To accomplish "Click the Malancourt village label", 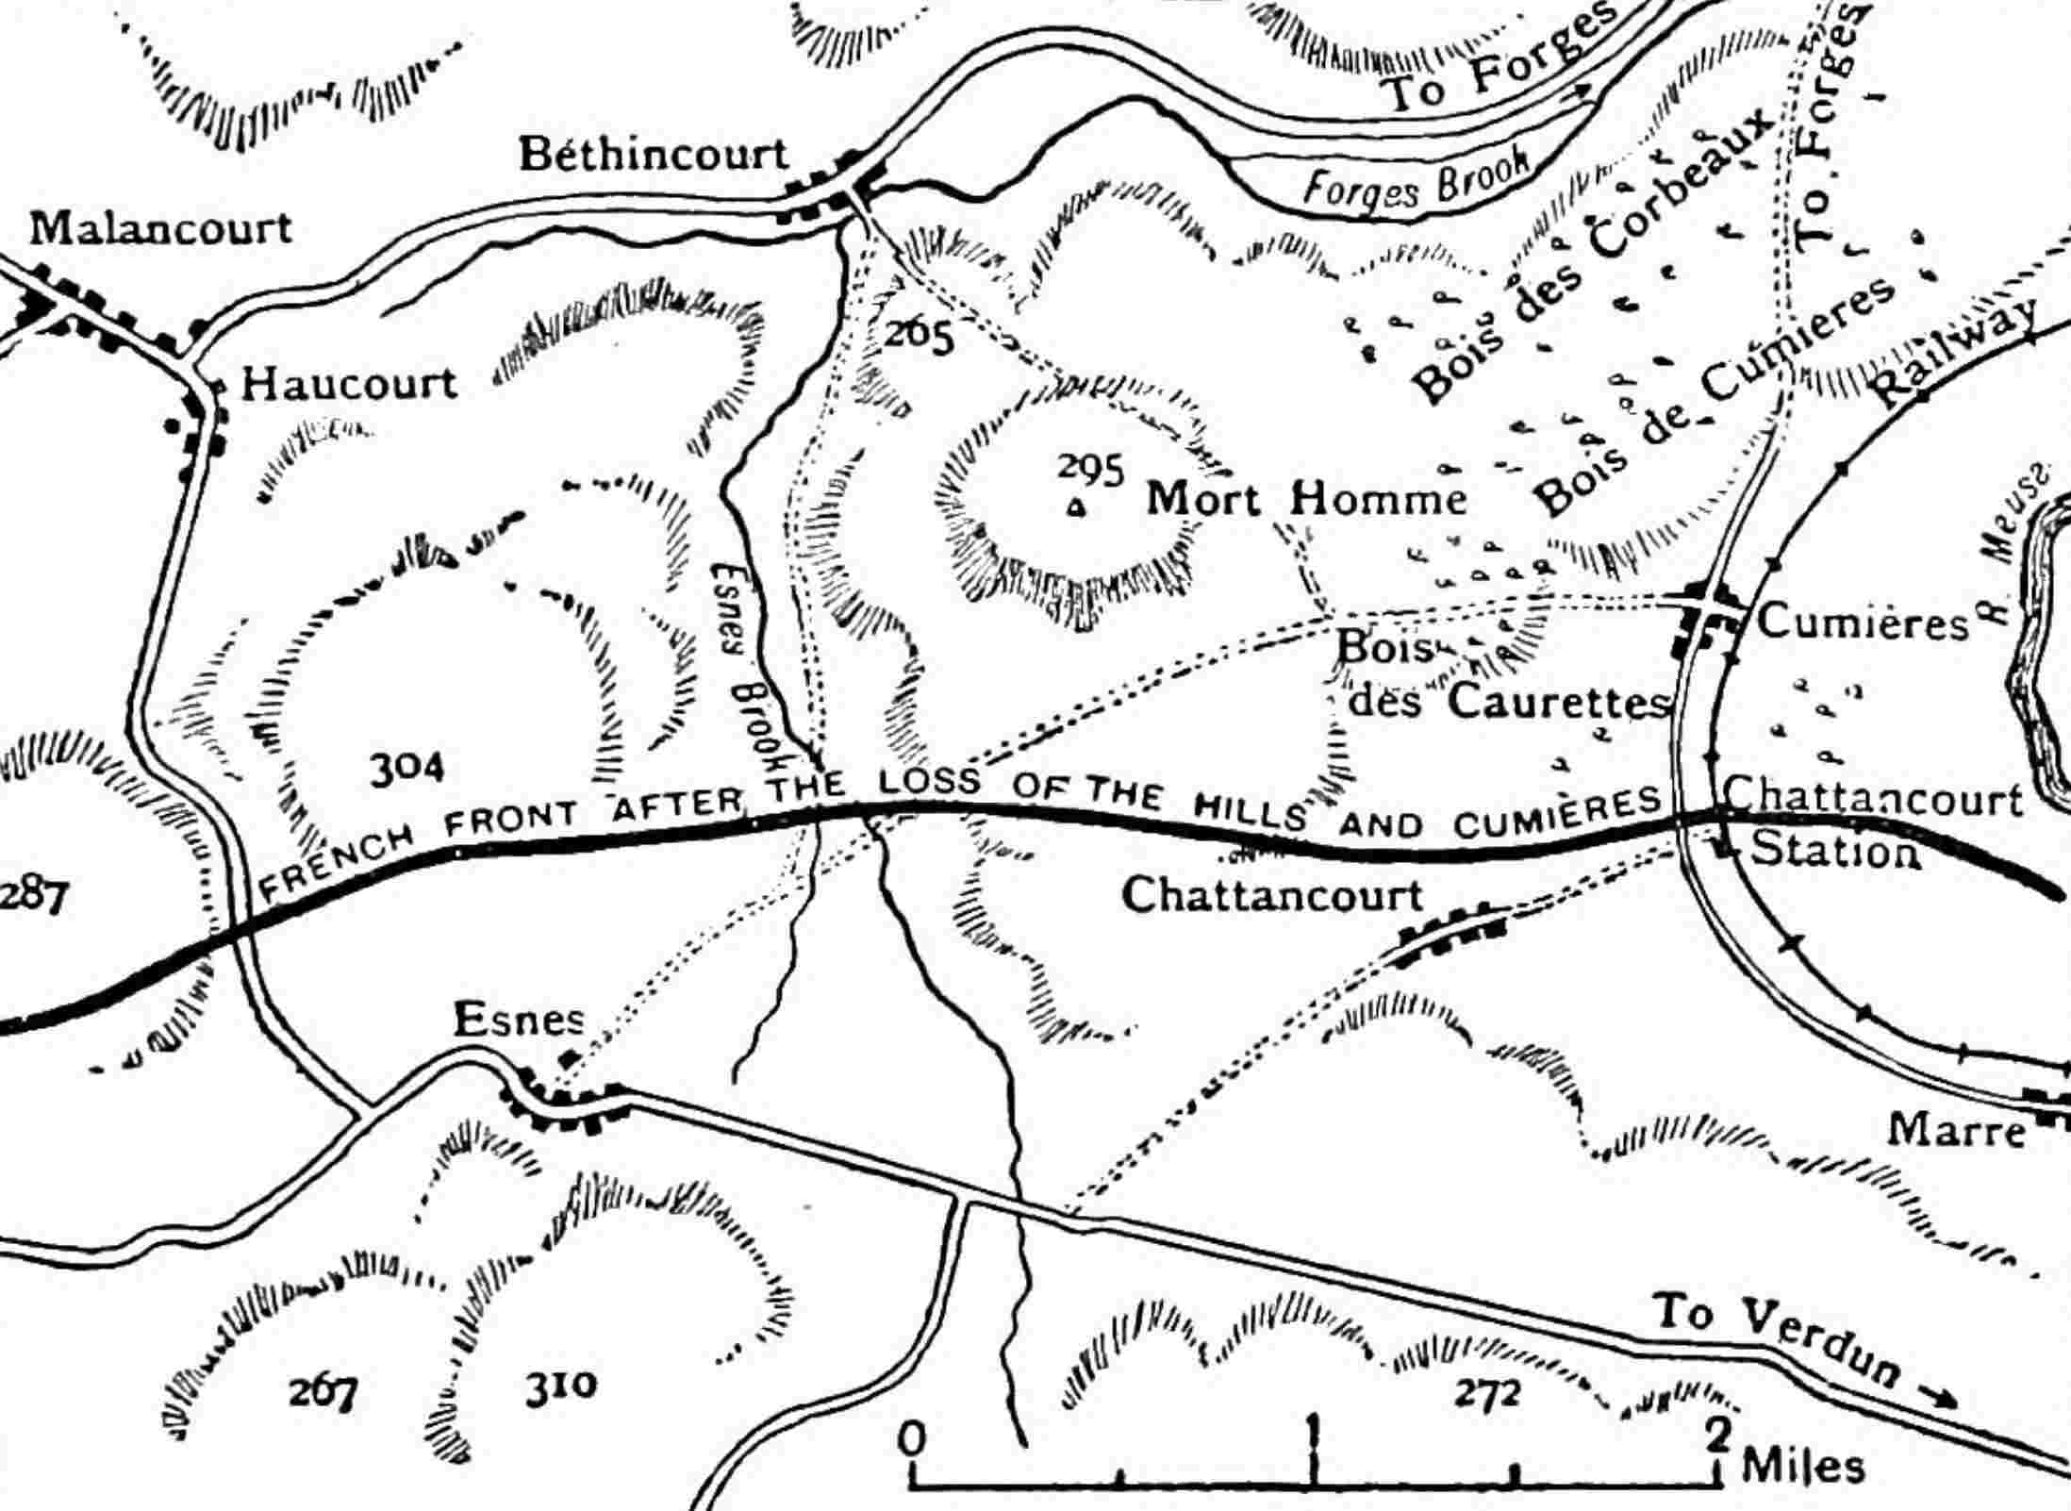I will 160,229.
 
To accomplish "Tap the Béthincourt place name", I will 653,155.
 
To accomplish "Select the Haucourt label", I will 349,385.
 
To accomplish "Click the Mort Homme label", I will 1306,498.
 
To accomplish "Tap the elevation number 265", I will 919,334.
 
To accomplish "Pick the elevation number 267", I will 323,1390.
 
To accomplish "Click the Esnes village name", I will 519,1020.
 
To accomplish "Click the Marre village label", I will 1957,1130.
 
